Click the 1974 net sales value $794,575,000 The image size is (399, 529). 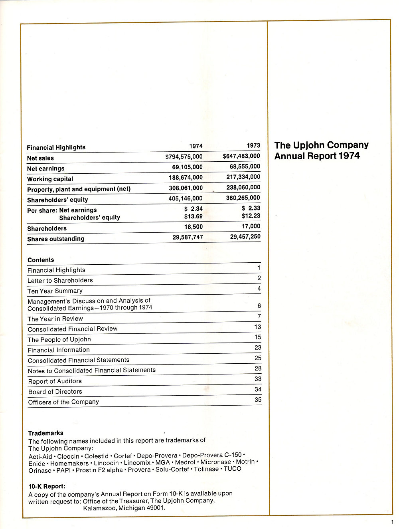click(x=184, y=157)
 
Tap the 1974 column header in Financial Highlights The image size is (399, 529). click(x=196, y=146)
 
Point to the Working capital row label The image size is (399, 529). click(x=50, y=179)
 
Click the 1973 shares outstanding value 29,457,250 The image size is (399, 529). click(x=245, y=236)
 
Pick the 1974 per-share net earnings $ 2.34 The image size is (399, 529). click(x=194, y=208)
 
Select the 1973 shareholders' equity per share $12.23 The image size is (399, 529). click(x=251, y=216)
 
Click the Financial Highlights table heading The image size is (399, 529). click(x=56, y=147)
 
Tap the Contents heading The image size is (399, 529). click(x=41, y=260)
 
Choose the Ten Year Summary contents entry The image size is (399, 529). click(x=55, y=291)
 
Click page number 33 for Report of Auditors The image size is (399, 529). click(x=258, y=378)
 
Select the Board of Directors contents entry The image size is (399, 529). click(x=55, y=392)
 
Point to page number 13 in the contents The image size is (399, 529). click(x=258, y=327)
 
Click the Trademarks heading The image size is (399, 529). click(x=45, y=433)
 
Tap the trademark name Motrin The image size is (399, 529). click(x=245, y=462)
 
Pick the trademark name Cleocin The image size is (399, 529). click(x=68, y=456)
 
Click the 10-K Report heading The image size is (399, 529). click(x=47, y=486)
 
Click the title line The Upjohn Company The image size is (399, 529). click(x=321, y=145)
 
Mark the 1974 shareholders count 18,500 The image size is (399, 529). click(x=194, y=226)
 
